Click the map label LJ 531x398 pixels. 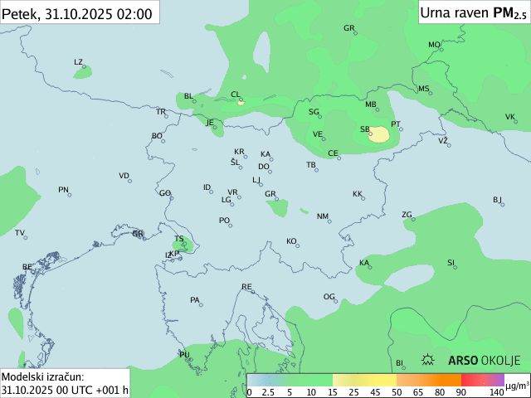coord(256,179)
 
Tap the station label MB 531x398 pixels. coord(371,104)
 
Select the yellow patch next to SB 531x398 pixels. coord(379,134)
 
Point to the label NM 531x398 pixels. coord(322,216)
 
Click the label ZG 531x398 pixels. coord(407,215)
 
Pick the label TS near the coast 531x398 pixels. coord(178,239)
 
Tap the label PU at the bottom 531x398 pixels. coord(184,355)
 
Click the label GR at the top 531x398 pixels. coord(349,28)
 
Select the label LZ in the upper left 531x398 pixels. coord(78,62)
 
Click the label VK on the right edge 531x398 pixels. coord(509,117)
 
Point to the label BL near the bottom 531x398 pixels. coord(398,363)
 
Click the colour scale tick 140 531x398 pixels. coord(496,391)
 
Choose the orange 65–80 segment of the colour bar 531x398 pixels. coord(429,381)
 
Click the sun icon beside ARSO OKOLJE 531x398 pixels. coord(429,361)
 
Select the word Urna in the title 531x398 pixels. coord(435,12)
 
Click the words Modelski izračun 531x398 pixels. coord(41,377)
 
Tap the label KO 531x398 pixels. coord(291,241)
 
